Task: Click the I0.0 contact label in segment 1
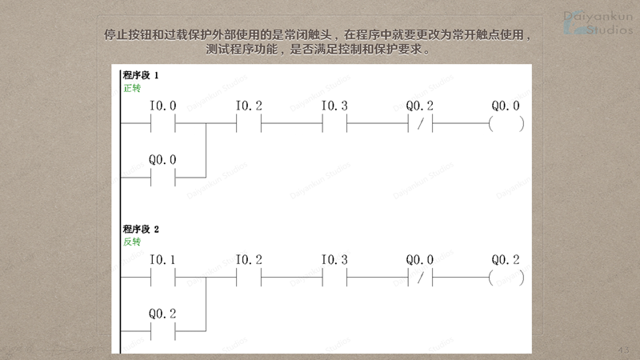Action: click(162, 106)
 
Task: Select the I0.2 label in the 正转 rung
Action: click(249, 106)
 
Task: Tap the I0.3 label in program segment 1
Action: click(334, 106)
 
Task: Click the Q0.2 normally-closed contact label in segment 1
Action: click(420, 106)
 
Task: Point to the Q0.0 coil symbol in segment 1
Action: click(506, 124)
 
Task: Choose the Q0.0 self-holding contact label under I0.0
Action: click(162, 159)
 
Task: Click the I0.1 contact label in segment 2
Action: click(162, 260)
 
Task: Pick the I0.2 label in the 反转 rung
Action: click(249, 260)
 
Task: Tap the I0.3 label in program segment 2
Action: click(334, 260)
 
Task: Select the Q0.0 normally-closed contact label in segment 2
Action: click(420, 260)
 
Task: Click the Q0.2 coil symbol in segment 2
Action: click(506, 278)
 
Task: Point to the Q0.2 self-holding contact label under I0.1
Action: click(162, 314)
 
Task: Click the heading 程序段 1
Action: click(141, 75)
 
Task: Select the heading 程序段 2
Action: click(141, 230)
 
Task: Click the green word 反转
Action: click(132, 242)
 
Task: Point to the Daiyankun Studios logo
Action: click(597, 22)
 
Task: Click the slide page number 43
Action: click(625, 350)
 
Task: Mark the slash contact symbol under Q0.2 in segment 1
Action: click(420, 124)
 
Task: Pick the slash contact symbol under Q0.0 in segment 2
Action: click(420, 278)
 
